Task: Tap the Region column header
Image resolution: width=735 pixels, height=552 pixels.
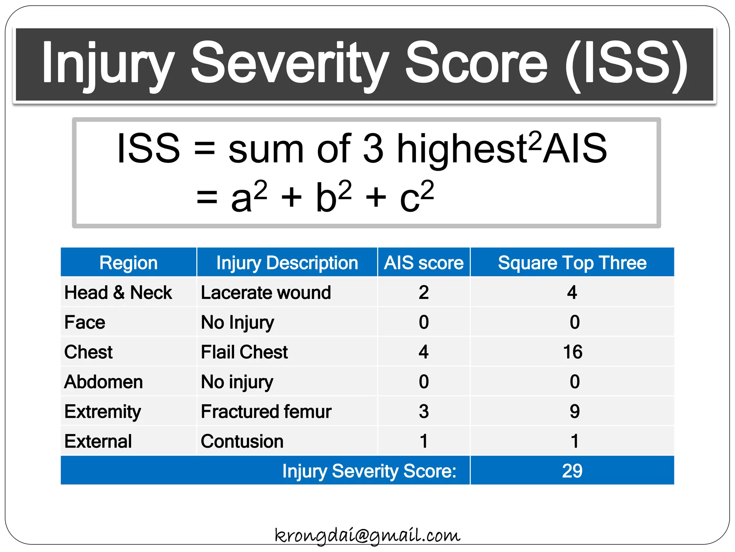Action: [x=128, y=263]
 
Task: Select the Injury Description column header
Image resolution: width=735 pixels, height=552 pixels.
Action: [x=287, y=263]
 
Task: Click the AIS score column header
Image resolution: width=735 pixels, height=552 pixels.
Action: [x=423, y=263]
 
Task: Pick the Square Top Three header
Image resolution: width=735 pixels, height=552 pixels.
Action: [x=572, y=263]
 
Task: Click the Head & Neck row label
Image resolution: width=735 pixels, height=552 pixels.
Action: [x=118, y=293]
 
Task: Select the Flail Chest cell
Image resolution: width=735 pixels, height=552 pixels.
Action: [x=244, y=352]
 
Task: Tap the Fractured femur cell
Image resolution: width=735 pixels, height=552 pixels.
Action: [x=266, y=411]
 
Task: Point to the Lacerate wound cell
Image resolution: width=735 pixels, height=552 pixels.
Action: [x=266, y=293]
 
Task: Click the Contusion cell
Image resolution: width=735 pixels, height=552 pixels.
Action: [x=242, y=441]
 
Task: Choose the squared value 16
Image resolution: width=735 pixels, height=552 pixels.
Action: [x=572, y=352]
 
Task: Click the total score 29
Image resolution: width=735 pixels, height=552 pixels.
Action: [x=572, y=471]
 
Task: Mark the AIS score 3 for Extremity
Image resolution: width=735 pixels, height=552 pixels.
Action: [x=423, y=411]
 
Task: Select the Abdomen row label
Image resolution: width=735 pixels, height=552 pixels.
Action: [x=103, y=382]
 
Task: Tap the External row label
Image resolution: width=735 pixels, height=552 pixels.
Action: [x=98, y=441]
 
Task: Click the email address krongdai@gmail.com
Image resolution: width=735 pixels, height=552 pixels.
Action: [x=367, y=535]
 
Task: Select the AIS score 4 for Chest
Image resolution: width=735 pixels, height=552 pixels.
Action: [x=423, y=352]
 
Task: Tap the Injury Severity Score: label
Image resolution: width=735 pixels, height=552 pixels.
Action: [x=369, y=471]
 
